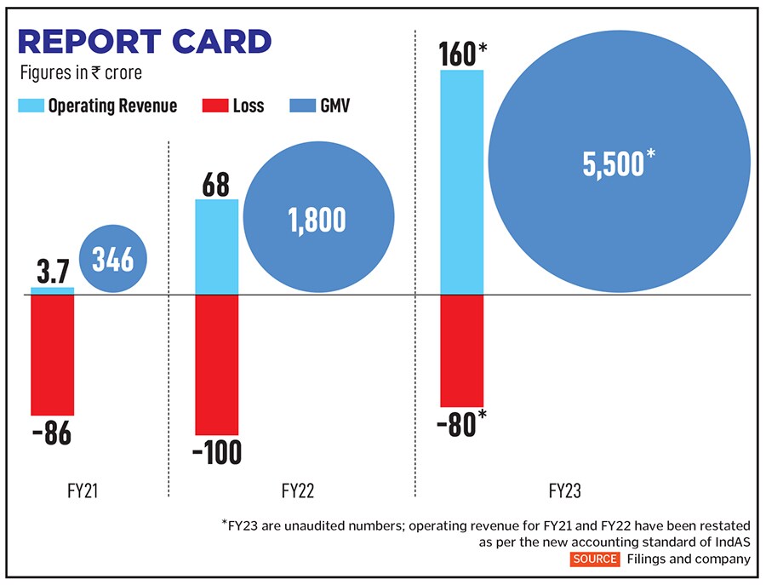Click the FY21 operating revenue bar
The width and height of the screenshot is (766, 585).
tap(52, 291)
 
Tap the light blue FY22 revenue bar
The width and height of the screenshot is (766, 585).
tap(217, 247)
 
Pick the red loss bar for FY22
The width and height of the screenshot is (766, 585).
tap(217, 365)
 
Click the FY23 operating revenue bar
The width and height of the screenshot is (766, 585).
tap(461, 182)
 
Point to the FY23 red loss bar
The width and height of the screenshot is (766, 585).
tap(461, 351)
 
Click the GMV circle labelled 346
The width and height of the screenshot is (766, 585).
tap(113, 259)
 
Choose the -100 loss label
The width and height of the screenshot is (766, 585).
tap(217, 451)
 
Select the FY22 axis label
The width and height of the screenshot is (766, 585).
tap(297, 491)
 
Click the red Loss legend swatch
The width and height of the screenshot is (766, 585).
tap(214, 106)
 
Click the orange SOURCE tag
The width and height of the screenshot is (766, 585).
tap(595, 559)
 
